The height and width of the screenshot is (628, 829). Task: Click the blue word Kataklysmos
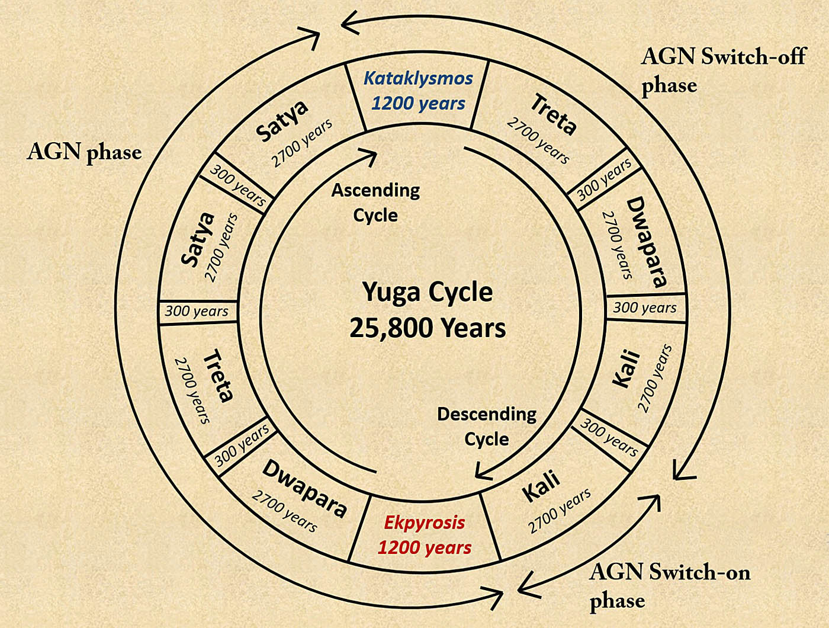pyautogui.click(x=418, y=78)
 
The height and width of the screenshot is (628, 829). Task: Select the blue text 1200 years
pyautogui.click(x=418, y=103)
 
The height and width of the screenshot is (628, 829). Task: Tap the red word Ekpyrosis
pyautogui.click(x=424, y=523)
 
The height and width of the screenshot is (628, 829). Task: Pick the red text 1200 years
pyautogui.click(x=424, y=547)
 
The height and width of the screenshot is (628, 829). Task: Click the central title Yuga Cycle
pyautogui.click(x=427, y=292)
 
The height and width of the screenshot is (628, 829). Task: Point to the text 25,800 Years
pyautogui.click(x=427, y=328)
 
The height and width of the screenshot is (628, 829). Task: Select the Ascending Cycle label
pyautogui.click(x=375, y=203)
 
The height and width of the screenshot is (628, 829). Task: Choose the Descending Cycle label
pyautogui.click(x=487, y=426)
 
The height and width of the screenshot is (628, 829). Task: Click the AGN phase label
pyautogui.click(x=84, y=152)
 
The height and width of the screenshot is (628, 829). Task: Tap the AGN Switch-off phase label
pyautogui.click(x=722, y=71)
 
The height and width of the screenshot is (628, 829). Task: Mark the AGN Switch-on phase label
pyautogui.click(x=669, y=586)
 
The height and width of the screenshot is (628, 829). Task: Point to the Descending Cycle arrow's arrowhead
pyautogui.click(x=483, y=472)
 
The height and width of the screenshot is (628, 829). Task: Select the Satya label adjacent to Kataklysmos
pyautogui.click(x=282, y=120)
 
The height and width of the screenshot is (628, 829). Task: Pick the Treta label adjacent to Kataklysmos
pyautogui.click(x=553, y=114)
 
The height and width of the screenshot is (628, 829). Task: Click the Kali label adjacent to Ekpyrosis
pyautogui.click(x=541, y=485)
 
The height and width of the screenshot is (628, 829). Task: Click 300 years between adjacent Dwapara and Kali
pyautogui.click(x=644, y=307)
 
